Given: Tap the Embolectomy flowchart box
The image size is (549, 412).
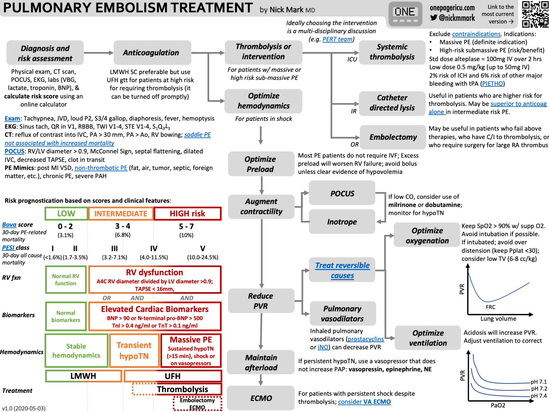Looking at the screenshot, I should coord(393,137).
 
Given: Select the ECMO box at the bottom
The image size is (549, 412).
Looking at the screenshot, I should coord(261,398).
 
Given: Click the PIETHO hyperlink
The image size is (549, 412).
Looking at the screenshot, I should coord(492,84).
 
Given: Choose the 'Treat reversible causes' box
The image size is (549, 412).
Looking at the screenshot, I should coord(342,270).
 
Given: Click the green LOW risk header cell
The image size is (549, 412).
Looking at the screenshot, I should coord(66,214).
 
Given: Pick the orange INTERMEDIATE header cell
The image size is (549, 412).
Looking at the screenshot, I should coord(121,214).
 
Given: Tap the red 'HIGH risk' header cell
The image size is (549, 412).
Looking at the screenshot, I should coord(187,214).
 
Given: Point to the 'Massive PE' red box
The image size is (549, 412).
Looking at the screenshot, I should coord(191,350).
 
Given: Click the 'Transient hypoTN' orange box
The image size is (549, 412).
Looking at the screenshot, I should coord(134,350).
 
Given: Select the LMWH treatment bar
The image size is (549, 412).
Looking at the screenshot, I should coord(83,376).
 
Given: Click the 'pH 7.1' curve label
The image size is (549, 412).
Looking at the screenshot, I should coord(539,382).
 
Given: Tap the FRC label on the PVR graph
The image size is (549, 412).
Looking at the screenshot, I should coord(490,307).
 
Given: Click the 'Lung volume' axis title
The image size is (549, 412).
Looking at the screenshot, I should coord(498,319).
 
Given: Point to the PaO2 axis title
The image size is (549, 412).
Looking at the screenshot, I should coord(498,405).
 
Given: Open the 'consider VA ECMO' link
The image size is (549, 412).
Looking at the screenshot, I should coord(364,402).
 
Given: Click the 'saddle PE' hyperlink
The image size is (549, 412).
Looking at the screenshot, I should coord(197,135).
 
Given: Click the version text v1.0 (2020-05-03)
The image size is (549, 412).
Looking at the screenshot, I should coord(24,408).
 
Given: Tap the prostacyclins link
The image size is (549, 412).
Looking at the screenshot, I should coord(365,339).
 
